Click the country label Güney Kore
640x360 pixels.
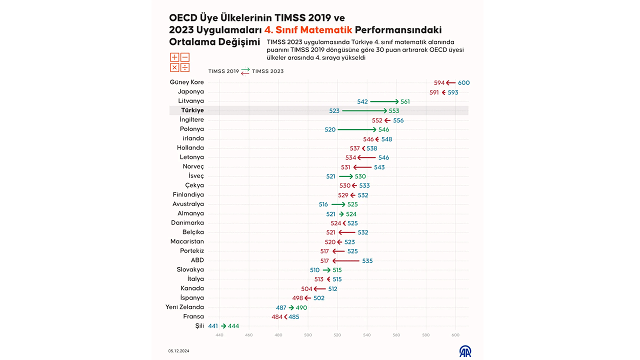(x=186, y=82)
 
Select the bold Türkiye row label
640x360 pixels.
(x=192, y=110)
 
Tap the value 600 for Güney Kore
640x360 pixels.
(x=464, y=83)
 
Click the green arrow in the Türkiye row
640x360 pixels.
(x=364, y=110)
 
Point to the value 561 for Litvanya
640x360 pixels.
(x=405, y=101)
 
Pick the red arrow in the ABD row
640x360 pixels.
(x=346, y=261)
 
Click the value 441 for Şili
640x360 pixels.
(x=213, y=326)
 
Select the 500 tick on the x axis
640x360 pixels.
(x=307, y=334)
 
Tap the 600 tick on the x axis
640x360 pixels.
(x=455, y=334)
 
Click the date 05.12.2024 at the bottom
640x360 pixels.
(x=179, y=351)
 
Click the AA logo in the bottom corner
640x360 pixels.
(x=465, y=351)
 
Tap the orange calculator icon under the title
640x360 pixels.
(x=179, y=62)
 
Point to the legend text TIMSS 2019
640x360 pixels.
(x=223, y=71)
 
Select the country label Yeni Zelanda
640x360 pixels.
(x=184, y=307)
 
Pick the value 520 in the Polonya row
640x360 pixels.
(x=330, y=129)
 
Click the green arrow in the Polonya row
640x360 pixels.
(x=357, y=129)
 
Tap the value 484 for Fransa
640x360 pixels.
(x=277, y=317)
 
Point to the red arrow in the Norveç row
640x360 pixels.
(x=362, y=167)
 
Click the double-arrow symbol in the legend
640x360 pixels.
(x=245, y=71)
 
